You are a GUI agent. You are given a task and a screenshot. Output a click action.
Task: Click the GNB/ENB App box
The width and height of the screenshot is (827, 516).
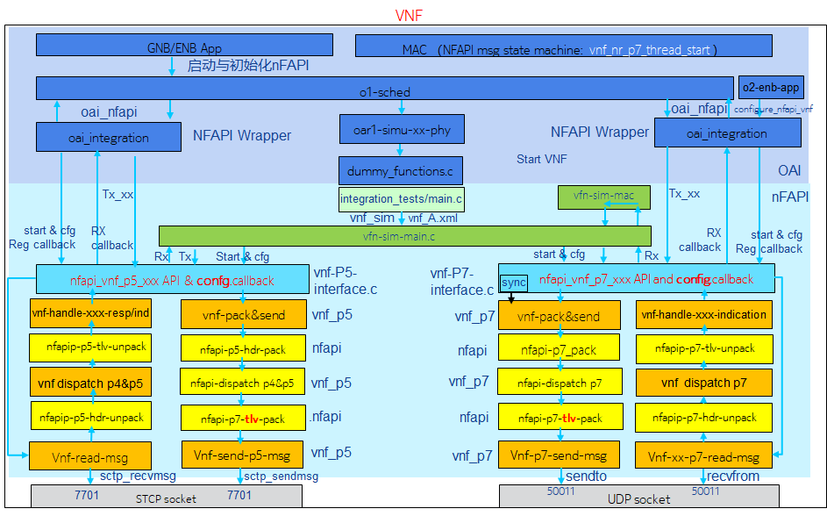tap(184, 46)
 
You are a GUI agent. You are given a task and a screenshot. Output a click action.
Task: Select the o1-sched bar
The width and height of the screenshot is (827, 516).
tap(384, 89)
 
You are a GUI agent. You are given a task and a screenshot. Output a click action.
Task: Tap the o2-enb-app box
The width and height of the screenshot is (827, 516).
tap(771, 88)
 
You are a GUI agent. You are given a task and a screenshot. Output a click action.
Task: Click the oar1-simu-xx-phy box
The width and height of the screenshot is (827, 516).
tap(402, 130)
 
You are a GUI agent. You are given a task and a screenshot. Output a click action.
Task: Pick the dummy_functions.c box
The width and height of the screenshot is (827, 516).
tap(401, 171)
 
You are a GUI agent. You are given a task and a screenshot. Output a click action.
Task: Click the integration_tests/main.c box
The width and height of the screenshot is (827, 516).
tap(401, 199)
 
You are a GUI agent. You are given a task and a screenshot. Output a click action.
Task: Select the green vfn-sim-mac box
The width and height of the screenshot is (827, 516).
tap(596, 197)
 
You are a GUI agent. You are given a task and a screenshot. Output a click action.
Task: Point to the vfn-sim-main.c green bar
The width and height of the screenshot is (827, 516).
tap(404, 236)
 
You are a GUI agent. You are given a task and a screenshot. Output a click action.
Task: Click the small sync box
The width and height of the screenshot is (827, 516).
tap(514, 283)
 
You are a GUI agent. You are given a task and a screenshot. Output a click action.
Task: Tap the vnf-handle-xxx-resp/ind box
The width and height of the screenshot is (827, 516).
tap(91, 313)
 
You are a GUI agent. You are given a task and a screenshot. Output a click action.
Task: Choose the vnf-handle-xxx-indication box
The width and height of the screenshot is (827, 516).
tap(704, 314)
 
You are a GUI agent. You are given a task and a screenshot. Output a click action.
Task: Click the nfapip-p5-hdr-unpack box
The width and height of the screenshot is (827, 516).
tap(91, 417)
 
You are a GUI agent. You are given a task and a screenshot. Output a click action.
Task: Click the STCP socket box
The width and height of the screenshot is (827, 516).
tap(167, 498)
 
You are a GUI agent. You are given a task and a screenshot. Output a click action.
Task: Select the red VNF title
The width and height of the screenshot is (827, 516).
tap(409, 15)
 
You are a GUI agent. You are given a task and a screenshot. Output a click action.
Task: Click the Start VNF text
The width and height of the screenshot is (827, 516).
tap(541, 159)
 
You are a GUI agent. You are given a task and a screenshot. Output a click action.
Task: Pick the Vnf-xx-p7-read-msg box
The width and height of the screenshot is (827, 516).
tap(704, 456)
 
